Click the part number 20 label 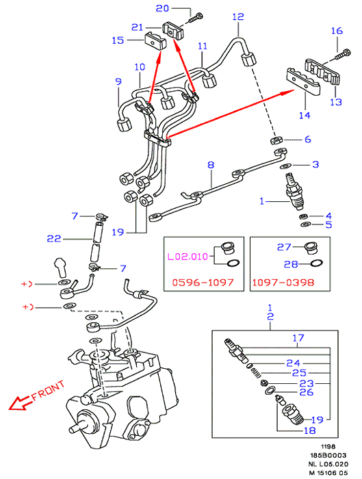[x=162, y=8]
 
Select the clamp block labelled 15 [x=155, y=40]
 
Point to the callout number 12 [x=238, y=16]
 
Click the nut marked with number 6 [x=276, y=140]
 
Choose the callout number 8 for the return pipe [x=211, y=165]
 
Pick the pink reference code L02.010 [x=188, y=257]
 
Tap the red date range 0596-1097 [x=203, y=282]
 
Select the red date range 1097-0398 [x=283, y=282]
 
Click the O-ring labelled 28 [x=316, y=263]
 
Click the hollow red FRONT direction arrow [x=20, y=403]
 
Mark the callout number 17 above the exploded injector [x=298, y=338]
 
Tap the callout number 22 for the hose [x=54, y=239]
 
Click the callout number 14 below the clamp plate [x=305, y=115]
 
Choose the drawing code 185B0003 [x=328, y=456]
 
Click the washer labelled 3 [x=285, y=166]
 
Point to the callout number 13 [x=336, y=102]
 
